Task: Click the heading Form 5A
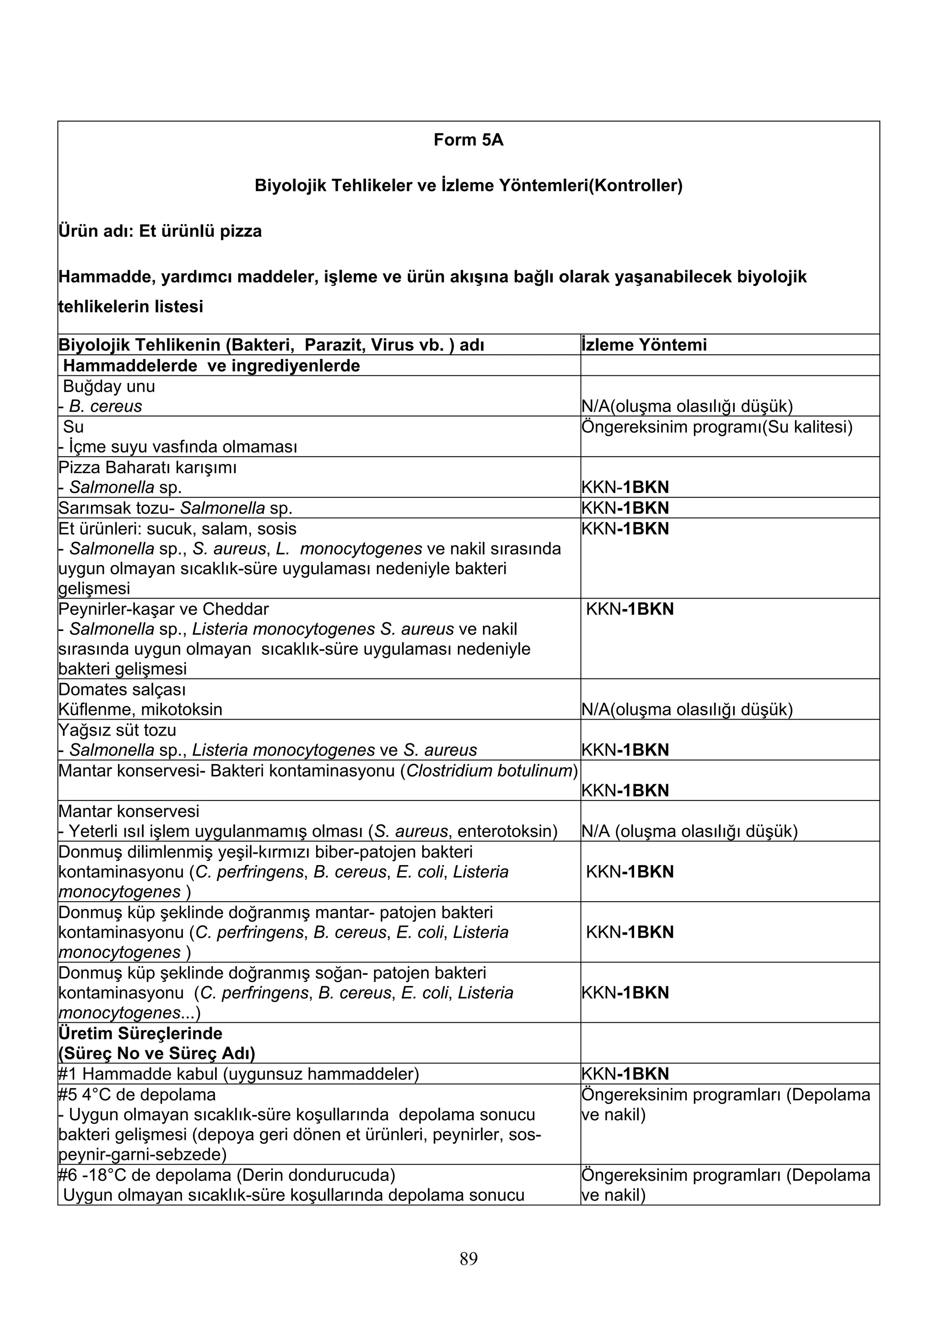tap(468, 140)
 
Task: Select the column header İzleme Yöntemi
tap(644, 345)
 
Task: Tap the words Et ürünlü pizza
tap(200, 231)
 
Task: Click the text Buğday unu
tap(108, 386)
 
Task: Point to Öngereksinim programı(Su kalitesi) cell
tap(716, 427)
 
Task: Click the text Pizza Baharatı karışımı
tap(147, 467)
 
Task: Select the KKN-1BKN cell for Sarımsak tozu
tap(625, 508)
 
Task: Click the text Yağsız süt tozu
tap(117, 730)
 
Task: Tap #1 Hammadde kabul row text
tap(238, 1074)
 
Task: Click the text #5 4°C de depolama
tap(137, 1094)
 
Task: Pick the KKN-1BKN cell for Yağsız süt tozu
tap(625, 750)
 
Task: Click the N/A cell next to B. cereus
tap(687, 406)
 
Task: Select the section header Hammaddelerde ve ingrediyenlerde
tap(211, 365)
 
